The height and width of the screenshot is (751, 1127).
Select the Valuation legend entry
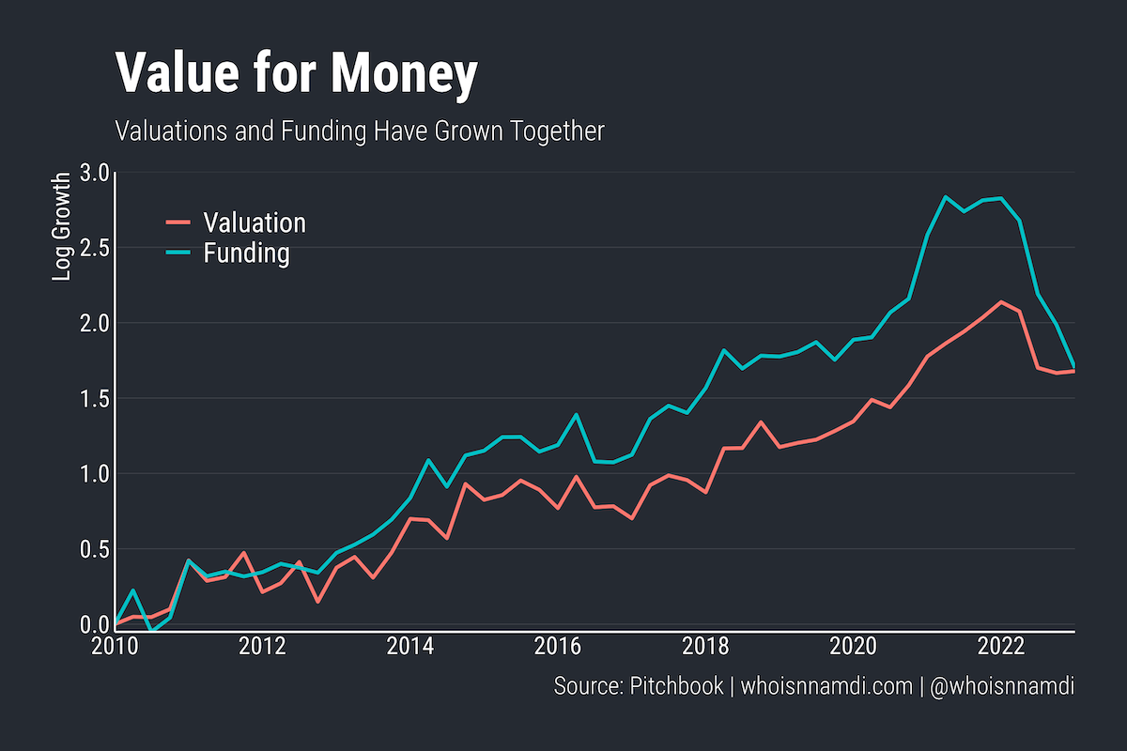tap(255, 222)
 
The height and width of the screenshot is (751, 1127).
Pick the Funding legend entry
tap(246, 253)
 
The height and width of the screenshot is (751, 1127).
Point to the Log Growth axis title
tap(62, 226)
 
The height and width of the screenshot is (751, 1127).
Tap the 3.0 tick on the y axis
tap(97, 173)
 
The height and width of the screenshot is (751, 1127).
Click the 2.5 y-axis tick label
tap(97, 248)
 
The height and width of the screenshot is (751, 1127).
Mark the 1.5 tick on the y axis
tap(97, 399)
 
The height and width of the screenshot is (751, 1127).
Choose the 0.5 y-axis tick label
tap(97, 549)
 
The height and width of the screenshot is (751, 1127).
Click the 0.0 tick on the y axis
tap(97, 624)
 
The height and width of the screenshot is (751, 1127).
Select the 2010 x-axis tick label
tap(116, 648)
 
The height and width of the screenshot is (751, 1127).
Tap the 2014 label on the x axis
tap(410, 648)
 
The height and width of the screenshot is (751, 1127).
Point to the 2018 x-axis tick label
tap(705, 648)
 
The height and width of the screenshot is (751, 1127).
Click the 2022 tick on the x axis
tap(1000, 648)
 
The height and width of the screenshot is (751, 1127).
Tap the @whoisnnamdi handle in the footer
tap(1001, 686)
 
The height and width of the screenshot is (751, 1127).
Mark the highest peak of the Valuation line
tap(1001, 301)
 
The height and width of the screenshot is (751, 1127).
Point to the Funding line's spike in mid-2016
tap(576, 414)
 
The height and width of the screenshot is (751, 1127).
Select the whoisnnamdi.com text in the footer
tap(826, 686)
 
